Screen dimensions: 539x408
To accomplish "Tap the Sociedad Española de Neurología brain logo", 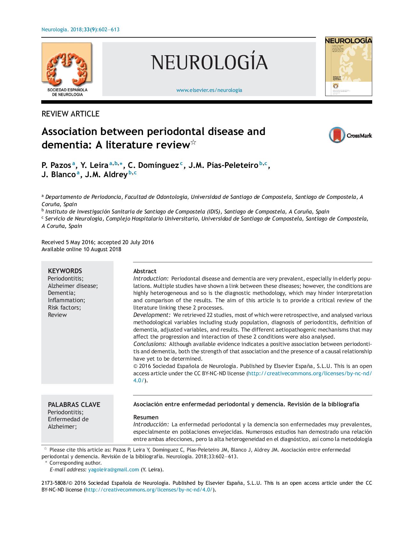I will [x=67, y=67].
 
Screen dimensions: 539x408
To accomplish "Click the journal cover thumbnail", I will [x=348, y=66].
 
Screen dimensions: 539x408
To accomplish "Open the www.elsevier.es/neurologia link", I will [x=209, y=90].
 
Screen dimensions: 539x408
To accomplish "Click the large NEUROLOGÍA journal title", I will [x=209, y=62].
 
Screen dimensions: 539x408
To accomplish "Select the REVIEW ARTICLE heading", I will [x=70, y=114].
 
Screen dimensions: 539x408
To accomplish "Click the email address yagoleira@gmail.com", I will [x=114, y=469].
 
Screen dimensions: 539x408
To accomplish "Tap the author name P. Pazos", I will [x=56, y=165].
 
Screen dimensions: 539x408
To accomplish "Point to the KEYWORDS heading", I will [x=65, y=271].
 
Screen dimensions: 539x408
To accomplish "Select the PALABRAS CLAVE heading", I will [x=74, y=405].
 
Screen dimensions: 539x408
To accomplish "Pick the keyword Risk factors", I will [x=64, y=308].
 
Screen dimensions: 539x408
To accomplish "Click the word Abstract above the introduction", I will [x=145, y=271].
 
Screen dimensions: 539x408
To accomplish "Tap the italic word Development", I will [x=152, y=315].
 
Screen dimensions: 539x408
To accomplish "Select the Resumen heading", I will [x=146, y=417].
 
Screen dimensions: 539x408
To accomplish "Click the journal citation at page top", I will [x=81, y=30].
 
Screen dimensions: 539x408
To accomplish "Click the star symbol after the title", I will [x=193, y=143].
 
